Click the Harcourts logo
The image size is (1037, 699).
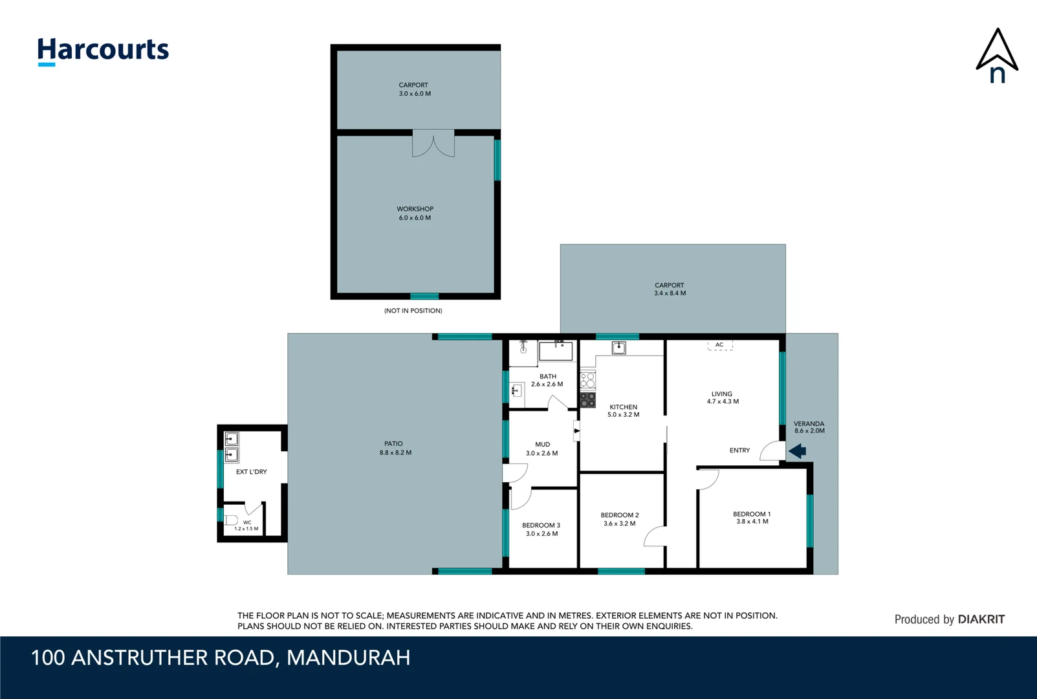[103, 50]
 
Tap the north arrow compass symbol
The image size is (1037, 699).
[997, 56]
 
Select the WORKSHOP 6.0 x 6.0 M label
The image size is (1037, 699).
[415, 214]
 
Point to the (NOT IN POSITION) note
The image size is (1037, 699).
[413, 311]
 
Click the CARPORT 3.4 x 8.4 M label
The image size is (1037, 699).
[670, 289]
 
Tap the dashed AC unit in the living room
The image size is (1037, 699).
[719, 346]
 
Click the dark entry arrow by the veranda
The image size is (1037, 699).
[798, 450]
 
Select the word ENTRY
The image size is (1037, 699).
[739, 450]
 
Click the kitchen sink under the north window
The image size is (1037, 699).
[618, 348]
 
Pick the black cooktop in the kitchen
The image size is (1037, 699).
[587, 400]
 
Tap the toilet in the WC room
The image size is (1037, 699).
[232, 520]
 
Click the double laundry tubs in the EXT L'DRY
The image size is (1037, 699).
[232, 447]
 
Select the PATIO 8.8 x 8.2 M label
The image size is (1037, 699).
[395, 449]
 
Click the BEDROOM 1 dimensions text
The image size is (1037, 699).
[752, 522]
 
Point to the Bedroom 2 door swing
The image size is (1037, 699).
[655, 537]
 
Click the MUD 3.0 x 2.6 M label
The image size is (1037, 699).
[542, 449]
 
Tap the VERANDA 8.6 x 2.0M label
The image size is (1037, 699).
[809, 427]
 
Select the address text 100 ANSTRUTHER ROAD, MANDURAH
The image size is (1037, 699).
[221, 658]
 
